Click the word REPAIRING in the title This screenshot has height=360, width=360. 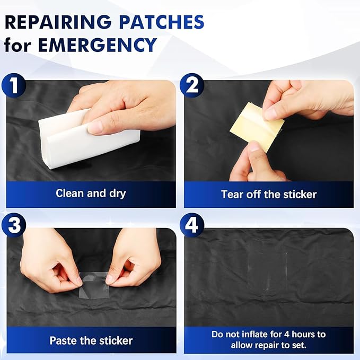58,22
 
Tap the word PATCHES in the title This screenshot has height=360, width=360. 162,22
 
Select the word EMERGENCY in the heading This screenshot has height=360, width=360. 98,45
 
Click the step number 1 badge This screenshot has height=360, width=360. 14,85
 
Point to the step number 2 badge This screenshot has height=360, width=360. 192,85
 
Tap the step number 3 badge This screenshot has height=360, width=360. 14,225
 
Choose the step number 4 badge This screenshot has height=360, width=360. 192,225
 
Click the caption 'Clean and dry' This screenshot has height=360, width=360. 91,194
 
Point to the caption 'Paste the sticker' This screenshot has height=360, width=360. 91,340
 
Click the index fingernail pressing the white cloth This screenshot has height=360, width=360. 95,127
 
